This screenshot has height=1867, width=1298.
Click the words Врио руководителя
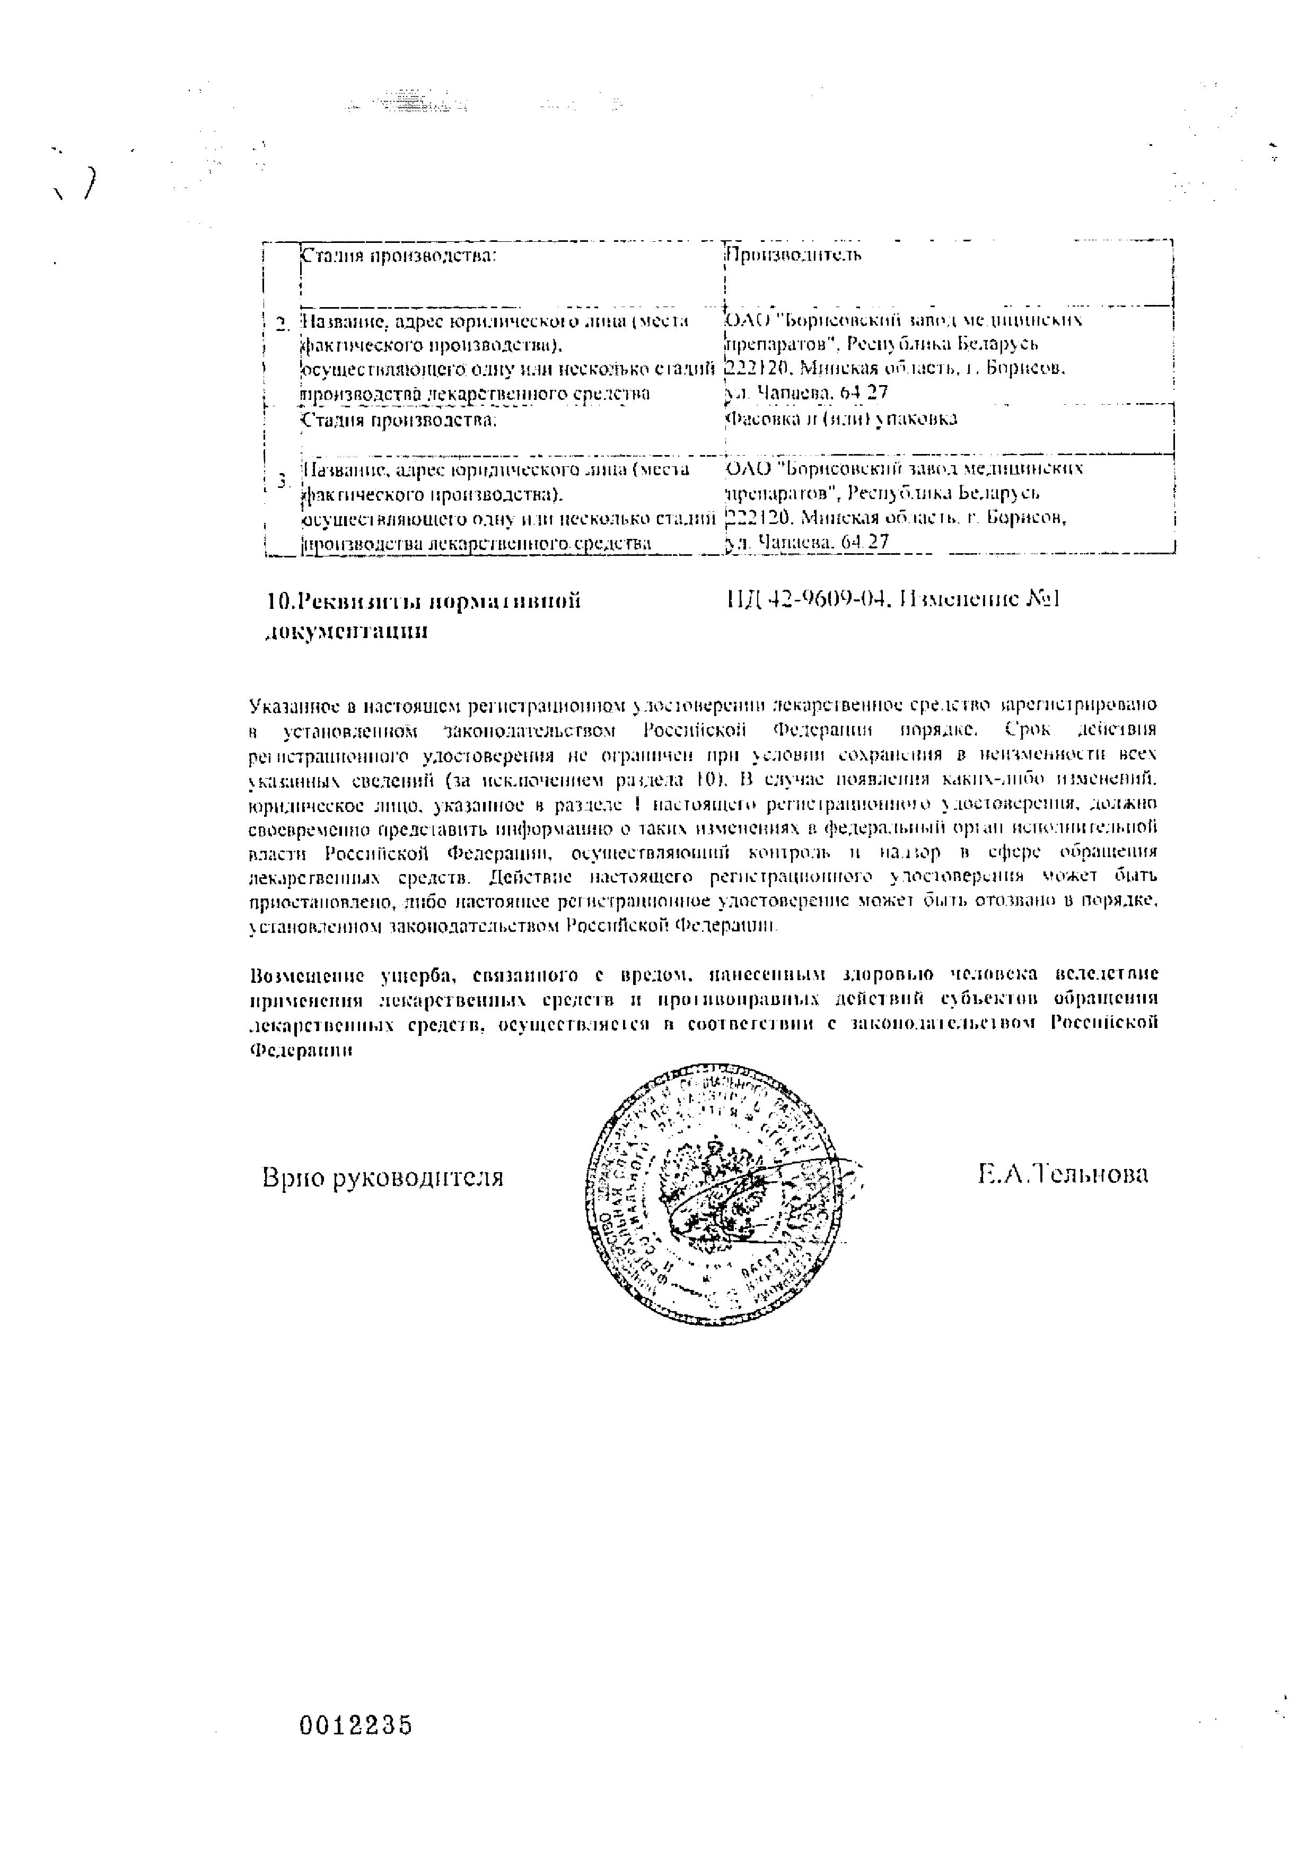pyautogui.click(x=383, y=1176)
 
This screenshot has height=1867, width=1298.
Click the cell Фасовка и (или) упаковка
pyautogui.click(x=840, y=419)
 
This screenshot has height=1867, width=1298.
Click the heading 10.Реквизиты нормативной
pyautogui.click(x=424, y=601)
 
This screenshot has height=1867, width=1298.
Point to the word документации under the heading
pyautogui.click(x=347, y=632)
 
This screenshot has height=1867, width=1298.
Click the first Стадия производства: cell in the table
pyautogui.click(x=398, y=255)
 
